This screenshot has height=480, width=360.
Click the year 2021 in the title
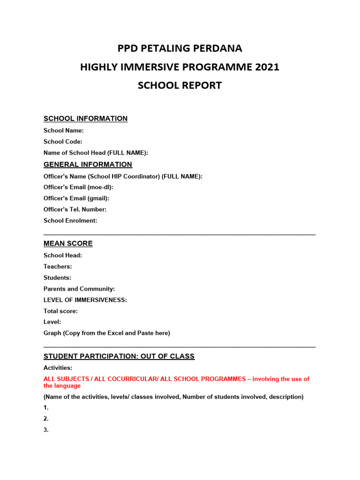(x=267, y=67)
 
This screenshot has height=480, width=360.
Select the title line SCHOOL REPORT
(x=180, y=86)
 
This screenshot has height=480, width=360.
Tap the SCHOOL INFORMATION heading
(x=85, y=119)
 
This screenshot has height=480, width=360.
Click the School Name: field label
(x=64, y=131)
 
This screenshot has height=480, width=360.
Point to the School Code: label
(x=63, y=142)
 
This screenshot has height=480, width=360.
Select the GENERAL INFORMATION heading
(x=88, y=165)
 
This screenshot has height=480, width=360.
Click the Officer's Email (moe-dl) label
(x=78, y=187)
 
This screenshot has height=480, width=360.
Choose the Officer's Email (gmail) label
(x=76, y=198)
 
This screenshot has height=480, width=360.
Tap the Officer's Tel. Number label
(x=75, y=210)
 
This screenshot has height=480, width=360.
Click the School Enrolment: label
(x=70, y=221)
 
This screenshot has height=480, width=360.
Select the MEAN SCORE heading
(x=68, y=244)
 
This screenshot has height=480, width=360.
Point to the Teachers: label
(x=58, y=267)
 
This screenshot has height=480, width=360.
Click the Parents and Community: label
(x=79, y=289)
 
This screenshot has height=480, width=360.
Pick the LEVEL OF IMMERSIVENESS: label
(x=85, y=300)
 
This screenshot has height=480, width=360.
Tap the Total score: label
(x=60, y=311)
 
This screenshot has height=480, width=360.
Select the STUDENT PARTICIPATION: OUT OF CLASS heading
(x=119, y=357)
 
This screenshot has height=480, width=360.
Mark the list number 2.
(x=46, y=419)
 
